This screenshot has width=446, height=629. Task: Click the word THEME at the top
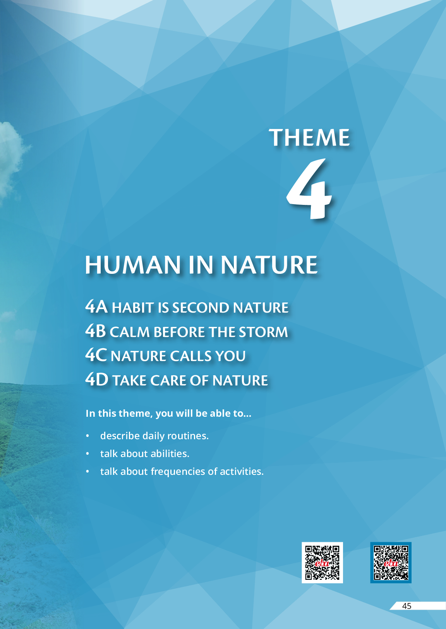click(309, 137)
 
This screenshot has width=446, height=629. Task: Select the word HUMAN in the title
click(133, 265)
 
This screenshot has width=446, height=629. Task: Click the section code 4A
click(96, 306)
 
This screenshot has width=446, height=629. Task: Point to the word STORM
click(263, 332)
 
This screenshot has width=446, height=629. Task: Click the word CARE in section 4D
click(168, 380)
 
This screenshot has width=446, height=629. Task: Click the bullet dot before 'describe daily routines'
click(87, 436)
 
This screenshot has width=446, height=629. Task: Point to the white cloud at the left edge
click(11, 157)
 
